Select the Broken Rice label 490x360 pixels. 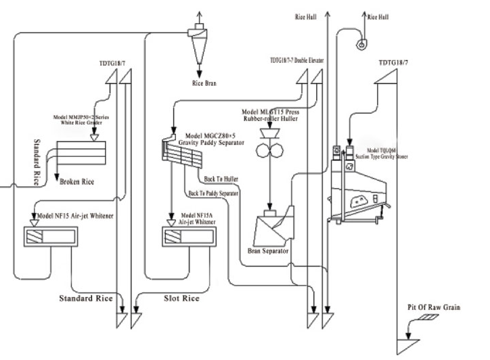pos(76,182)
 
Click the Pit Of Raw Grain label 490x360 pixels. pos(434,308)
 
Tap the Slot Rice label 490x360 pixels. pos(182,298)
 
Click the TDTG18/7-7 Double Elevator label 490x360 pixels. pos(296,61)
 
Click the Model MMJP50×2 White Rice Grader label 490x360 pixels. pos(85,120)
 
